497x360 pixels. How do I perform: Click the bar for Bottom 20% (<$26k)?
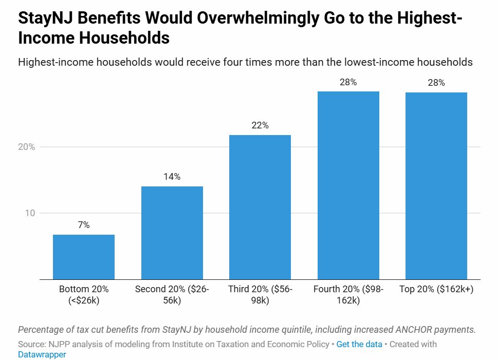point(84,257)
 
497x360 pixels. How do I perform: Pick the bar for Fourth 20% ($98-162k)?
point(348,185)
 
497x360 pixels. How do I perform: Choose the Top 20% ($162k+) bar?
point(436,186)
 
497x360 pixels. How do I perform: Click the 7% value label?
point(84,225)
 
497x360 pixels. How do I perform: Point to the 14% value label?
point(172,177)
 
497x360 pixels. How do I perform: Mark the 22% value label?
point(260,125)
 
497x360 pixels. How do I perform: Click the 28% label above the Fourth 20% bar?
point(348,82)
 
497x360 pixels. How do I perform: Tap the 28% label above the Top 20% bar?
point(436,83)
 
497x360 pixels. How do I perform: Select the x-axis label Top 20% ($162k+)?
point(436,289)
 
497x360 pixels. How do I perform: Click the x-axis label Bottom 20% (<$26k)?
point(84,295)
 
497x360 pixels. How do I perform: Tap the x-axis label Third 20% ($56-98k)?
point(260,295)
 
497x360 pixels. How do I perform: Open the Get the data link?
point(359,344)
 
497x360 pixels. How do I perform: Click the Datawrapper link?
point(42,354)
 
